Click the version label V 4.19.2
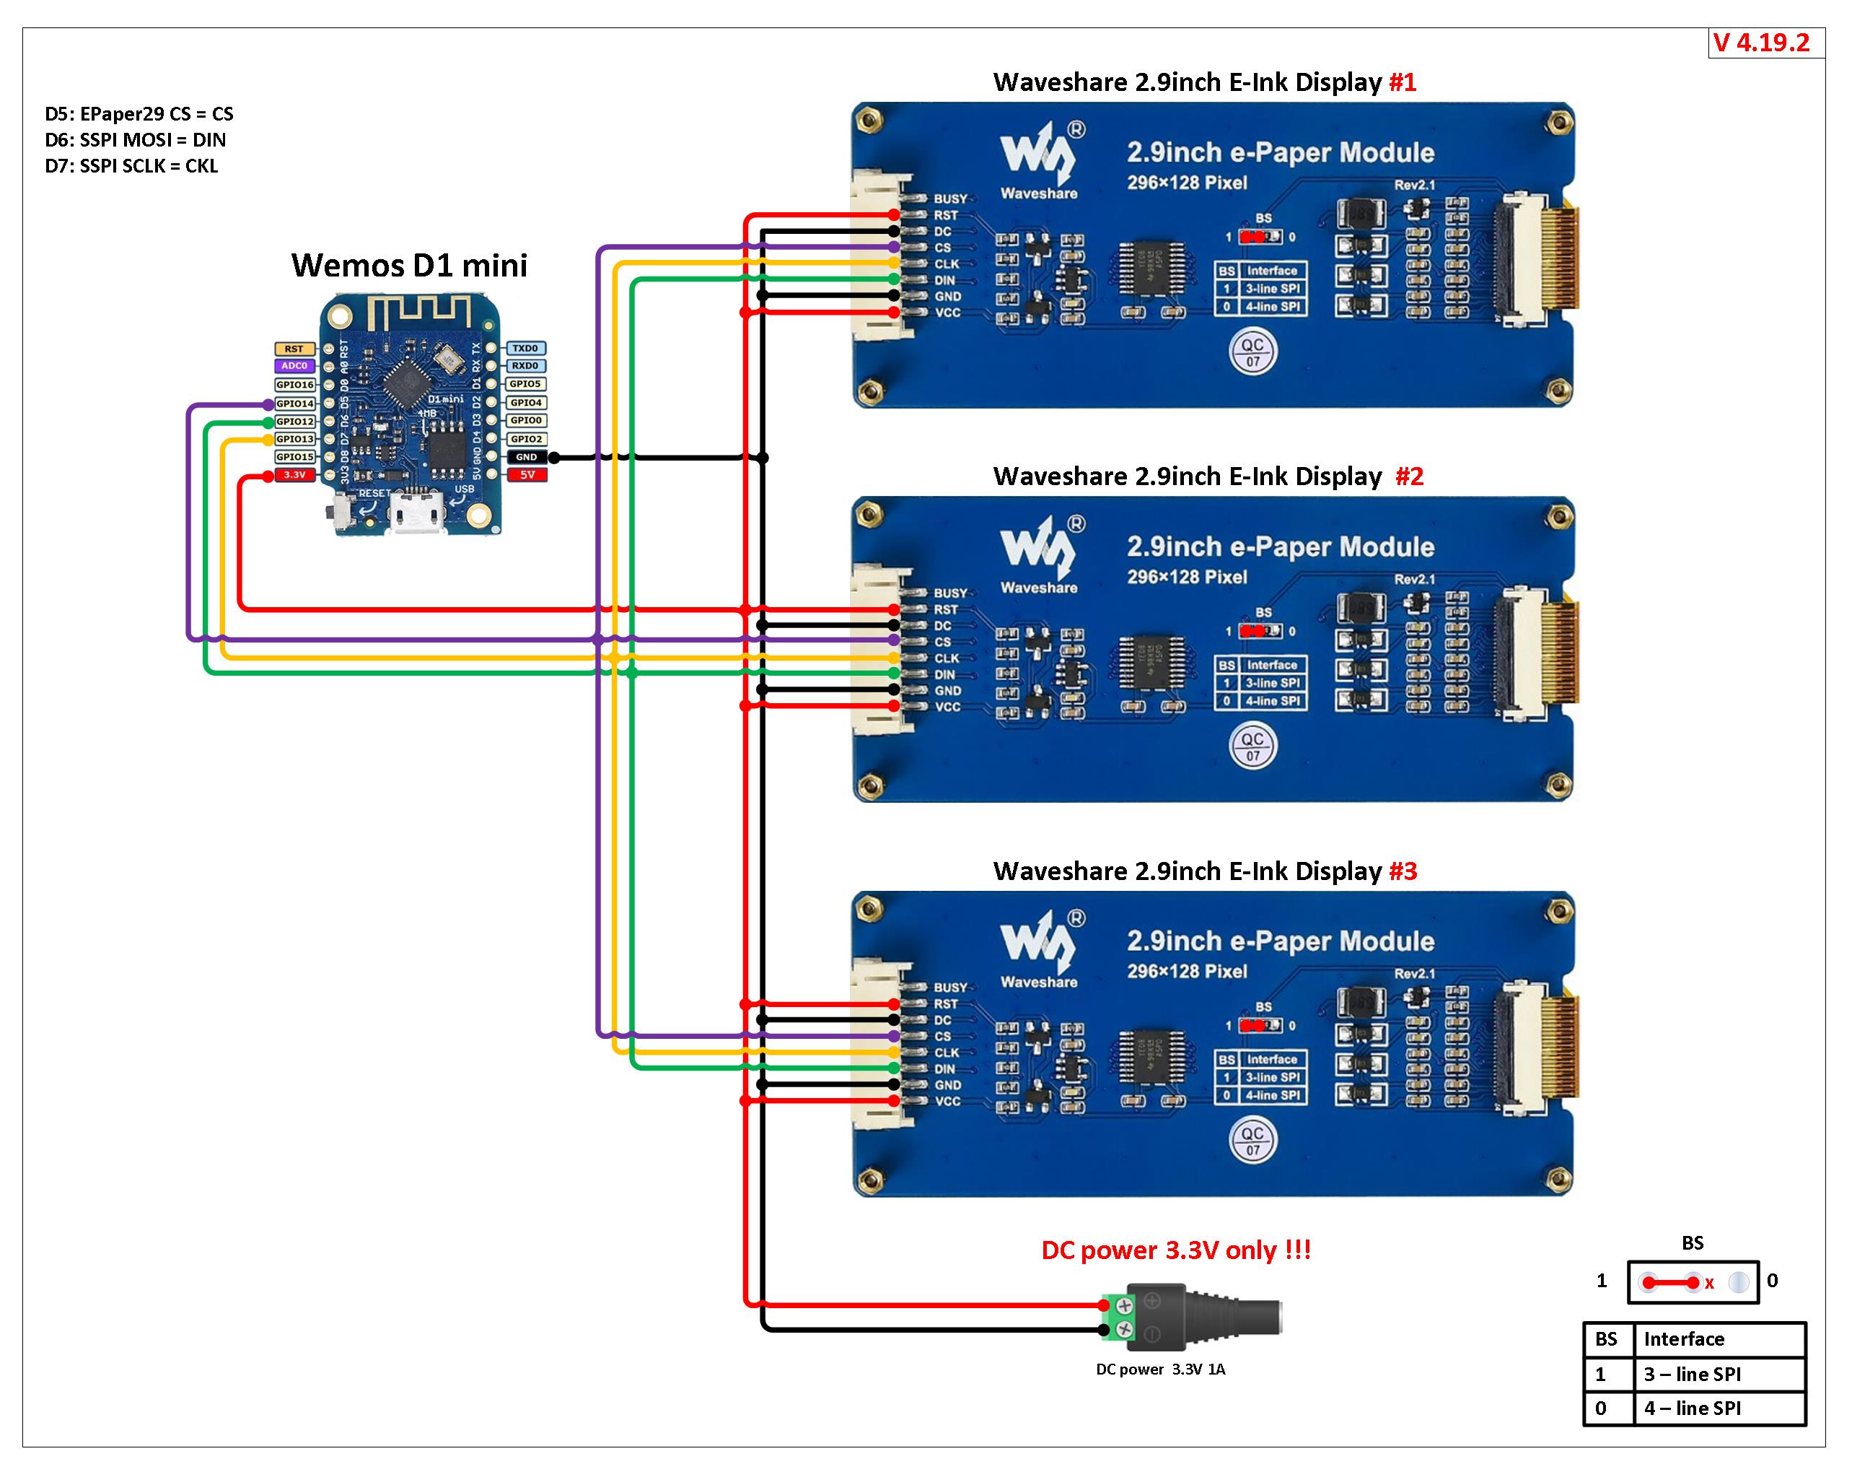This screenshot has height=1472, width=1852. [x=1761, y=43]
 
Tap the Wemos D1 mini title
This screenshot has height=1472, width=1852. [x=409, y=266]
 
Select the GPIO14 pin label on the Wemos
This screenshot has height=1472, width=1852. [x=294, y=403]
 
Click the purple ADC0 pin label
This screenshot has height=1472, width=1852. [x=294, y=366]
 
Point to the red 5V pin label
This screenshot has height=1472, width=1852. [x=527, y=474]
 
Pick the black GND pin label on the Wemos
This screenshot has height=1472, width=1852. [x=527, y=457]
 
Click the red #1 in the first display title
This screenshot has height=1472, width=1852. [x=1402, y=82]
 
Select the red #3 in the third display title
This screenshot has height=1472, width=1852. [x=1403, y=871]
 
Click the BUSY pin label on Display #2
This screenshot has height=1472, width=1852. [x=950, y=593]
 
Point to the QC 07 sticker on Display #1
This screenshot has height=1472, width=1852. [x=1252, y=352]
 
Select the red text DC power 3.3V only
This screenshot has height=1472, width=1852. [x=1175, y=1250]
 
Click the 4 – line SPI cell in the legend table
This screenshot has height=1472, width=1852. [x=1693, y=1408]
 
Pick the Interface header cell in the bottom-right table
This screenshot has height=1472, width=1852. [x=1684, y=1339]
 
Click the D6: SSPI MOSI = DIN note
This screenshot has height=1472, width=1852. [x=135, y=140]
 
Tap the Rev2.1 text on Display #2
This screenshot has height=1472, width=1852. [x=1414, y=579]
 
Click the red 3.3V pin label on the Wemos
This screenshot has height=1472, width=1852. [x=294, y=474]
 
